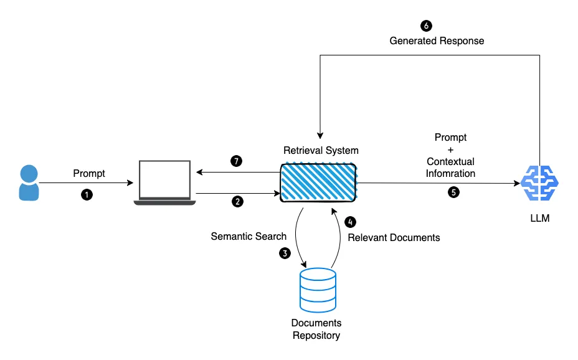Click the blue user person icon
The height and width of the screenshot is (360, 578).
28,182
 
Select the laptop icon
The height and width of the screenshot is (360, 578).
165,182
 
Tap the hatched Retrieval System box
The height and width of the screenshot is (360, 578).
318,182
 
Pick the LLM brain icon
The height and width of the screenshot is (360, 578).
539,184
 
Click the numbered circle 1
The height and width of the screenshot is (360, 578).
87,195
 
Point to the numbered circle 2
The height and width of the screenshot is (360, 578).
237,202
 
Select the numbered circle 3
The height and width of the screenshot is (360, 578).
285,253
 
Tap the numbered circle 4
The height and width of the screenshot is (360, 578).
351,221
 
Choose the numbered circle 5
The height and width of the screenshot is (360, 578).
453,192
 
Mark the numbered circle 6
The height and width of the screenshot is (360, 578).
426,26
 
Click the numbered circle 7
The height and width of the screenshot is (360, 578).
236,161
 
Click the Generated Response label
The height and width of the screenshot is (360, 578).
437,40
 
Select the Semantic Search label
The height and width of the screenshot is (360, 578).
249,236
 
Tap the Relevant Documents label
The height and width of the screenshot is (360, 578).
394,237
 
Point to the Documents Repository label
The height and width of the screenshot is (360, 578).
316,329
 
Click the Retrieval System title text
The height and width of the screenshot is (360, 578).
321,150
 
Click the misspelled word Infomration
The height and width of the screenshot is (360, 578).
450,173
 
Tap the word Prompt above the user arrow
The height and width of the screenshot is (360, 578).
89,173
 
